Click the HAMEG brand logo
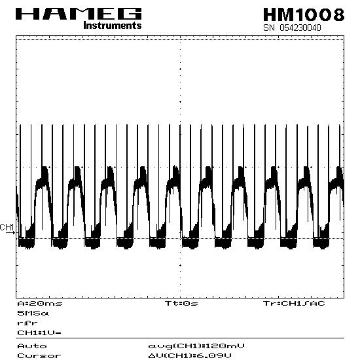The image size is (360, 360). pos(79,14)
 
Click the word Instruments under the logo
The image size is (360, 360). pos(113,25)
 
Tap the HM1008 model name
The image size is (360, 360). pos(304,14)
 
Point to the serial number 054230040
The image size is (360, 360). pos(300,27)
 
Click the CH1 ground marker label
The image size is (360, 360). pos(7,227)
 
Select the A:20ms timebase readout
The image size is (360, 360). pos(40,303)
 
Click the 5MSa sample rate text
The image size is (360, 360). pos(33,313)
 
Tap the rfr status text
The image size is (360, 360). pos(27,323)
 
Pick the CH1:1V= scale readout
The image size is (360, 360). pos(39,333)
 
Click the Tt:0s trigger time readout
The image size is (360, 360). pos(181,303)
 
